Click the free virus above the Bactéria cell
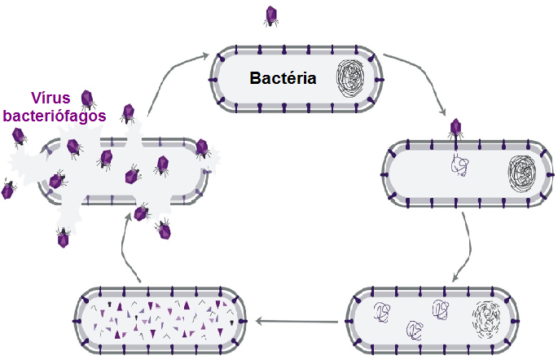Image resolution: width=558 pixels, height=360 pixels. click(270, 15)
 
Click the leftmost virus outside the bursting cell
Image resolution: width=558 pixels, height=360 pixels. click(8, 190)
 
